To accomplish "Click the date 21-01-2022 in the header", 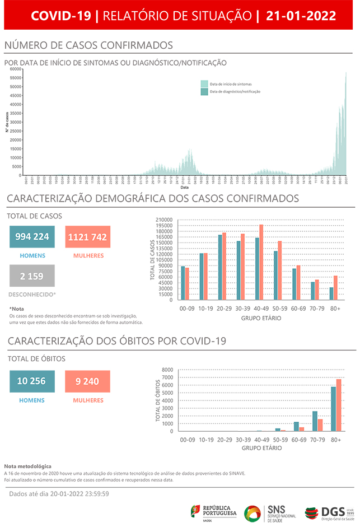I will (x=301, y=16).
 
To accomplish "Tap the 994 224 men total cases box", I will (x=32, y=237).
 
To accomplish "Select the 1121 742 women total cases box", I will (x=87, y=237).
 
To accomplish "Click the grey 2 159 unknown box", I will (x=32, y=276).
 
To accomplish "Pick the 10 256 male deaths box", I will (x=32, y=381).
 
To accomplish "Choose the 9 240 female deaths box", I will (x=87, y=381).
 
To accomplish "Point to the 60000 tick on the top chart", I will (x=16, y=68).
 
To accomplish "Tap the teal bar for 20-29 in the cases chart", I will (x=220, y=267).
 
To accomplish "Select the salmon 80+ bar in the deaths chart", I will (x=339, y=405).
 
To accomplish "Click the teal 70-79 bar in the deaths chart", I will (x=315, y=421).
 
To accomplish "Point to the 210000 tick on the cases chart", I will (x=165, y=220).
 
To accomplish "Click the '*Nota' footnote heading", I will (x=17, y=309).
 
